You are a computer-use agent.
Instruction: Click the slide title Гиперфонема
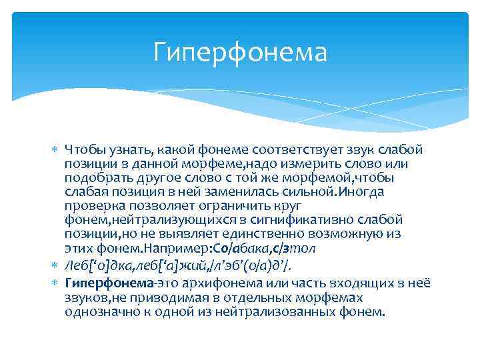click(x=240, y=52)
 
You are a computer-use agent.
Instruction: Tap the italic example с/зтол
click(x=298, y=248)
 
